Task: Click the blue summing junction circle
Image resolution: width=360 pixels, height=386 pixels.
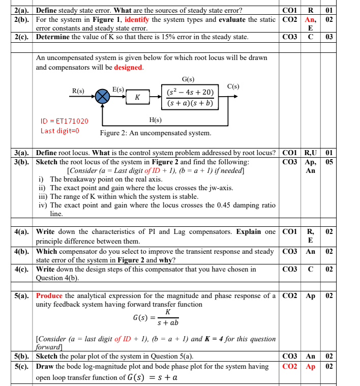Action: point(103,96)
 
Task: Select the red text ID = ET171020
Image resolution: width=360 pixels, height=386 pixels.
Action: point(64,121)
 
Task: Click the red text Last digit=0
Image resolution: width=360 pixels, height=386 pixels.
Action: point(63,131)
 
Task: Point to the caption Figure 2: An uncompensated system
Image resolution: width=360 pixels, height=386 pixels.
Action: point(156,133)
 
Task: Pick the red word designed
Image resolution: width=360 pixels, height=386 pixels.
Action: point(128,67)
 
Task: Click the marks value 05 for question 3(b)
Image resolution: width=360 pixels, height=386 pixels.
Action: point(329,162)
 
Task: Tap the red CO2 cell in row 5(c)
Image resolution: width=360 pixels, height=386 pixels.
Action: point(289,366)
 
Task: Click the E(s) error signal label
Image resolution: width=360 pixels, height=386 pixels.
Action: point(118,90)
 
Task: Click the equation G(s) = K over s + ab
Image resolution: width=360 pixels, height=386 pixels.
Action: point(156,317)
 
